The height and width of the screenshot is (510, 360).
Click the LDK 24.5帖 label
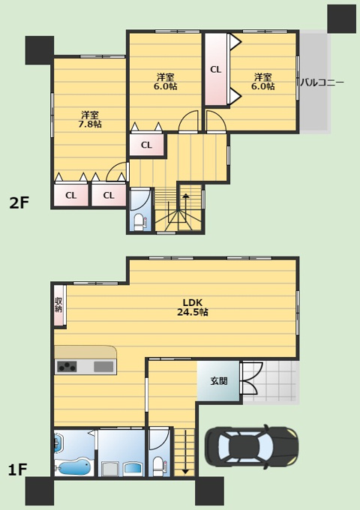click(193, 307)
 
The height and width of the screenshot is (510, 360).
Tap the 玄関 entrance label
click(218, 381)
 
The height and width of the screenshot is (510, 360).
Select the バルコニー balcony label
click(321, 82)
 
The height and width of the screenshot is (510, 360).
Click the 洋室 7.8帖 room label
click(90, 119)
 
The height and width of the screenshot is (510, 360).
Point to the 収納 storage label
click(58, 304)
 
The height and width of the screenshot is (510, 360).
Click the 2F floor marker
click(19, 203)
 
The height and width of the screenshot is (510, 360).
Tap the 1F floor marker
click(17, 470)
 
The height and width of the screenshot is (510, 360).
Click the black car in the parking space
click(251, 446)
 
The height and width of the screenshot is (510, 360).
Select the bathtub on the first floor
click(74, 468)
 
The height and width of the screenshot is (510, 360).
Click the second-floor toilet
click(140, 221)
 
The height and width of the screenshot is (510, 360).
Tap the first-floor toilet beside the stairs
click(159, 466)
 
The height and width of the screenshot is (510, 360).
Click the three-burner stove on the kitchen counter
click(67, 367)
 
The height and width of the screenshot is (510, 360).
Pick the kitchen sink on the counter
click(103, 367)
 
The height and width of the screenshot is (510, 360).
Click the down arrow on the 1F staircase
click(185, 451)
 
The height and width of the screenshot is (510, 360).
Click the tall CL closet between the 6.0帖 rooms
click(216, 69)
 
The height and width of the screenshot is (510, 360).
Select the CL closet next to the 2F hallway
click(147, 145)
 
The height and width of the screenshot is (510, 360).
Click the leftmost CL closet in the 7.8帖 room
click(71, 195)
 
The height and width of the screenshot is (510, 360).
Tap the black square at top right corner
click(341, 19)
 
